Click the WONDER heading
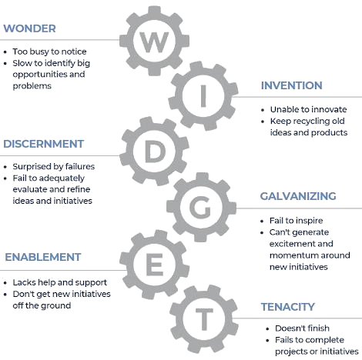pyautogui.click(x=29, y=28)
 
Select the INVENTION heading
pyautogui.click(x=292, y=85)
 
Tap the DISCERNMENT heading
pyautogui.click(x=44, y=144)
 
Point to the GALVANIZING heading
pyautogui.click(x=298, y=196)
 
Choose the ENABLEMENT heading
pyautogui.click(x=43, y=257)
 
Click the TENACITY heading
pyautogui.click(x=288, y=307)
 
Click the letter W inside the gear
pyautogui.click(x=154, y=42)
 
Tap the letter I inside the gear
pyautogui.click(x=203, y=96)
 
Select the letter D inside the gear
pyautogui.click(x=156, y=152)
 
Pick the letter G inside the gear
pyautogui.click(x=200, y=207)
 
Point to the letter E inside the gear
pyautogui.click(x=154, y=265)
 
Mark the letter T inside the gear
pyautogui.click(x=204, y=319)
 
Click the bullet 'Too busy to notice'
pyautogui.click(x=49, y=52)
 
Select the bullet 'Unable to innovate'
pyautogui.click(x=308, y=110)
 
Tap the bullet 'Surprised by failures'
pyautogui.click(x=54, y=167)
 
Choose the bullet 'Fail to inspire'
pyautogui.click(x=296, y=221)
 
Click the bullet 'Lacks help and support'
pyautogui.click(x=60, y=282)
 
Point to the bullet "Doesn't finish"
pyautogui.click(x=302, y=328)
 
